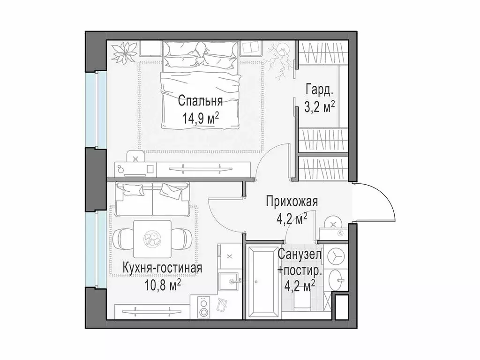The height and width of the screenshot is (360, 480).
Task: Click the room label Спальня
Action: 200,100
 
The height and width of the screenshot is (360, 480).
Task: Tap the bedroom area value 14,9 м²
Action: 200,118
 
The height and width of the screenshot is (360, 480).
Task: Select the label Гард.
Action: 320,89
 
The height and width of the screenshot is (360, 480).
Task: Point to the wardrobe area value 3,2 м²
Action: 320,107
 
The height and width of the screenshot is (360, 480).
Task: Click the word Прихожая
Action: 292,202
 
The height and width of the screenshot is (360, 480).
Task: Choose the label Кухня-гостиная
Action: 162,268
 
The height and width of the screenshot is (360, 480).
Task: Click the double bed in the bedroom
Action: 200,84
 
